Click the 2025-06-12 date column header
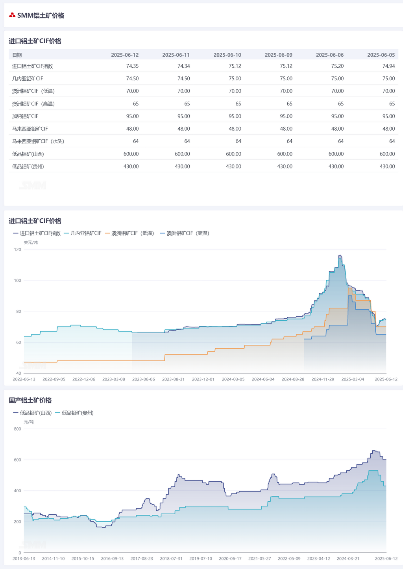pyautogui.click(x=125, y=55)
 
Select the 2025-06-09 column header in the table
pyautogui.click(x=278, y=55)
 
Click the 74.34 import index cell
pyautogui.click(x=183, y=66)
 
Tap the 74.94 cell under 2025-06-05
pyautogui.click(x=388, y=66)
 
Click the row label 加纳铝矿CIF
pyautogui.click(x=25, y=116)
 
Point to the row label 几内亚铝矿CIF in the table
pyautogui.click(x=28, y=78)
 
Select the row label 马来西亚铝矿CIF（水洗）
pyautogui.click(x=38, y=141)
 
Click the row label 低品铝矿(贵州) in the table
pyautogui.click(x=28, y=166)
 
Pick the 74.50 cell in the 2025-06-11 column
pyautogui.click(x=183, y=78)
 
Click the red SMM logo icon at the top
pyautogui.click(x=12, y=15)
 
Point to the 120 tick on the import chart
pyautogui.click(x=17, y=249)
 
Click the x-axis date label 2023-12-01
pyautogui.click(x=203, y=379)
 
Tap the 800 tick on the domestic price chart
pyautogui.click(x=17, y=429)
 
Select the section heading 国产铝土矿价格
pyautogui.click(x=30, y=400)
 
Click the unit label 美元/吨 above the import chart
pyautogui.click(x=31, y=242)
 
